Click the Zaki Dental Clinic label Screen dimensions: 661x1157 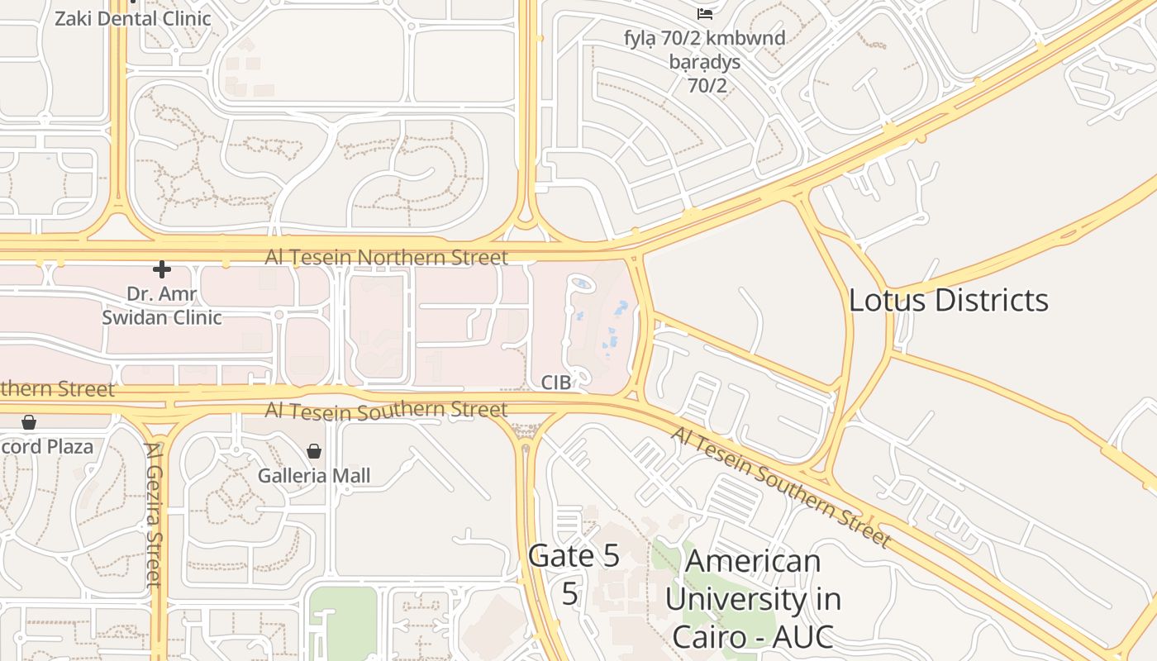tap(132, 18)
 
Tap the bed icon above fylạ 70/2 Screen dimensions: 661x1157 tap(705, 13)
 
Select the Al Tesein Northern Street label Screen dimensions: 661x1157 tap(386, 258)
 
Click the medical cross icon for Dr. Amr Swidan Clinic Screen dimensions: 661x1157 tap(162, 269)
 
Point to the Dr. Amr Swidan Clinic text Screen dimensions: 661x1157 tap(162, 305)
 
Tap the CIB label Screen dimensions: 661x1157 tap(556, 382)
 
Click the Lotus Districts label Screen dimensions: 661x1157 tap(948, 300)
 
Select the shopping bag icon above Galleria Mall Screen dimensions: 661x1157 tap(314, 450)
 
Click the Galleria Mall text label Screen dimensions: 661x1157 tap(314, 476)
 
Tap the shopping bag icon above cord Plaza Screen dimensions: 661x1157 tap(29, 422)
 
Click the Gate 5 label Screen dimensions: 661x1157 tap(574, 555)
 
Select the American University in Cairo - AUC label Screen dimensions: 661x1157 tap(752, 599)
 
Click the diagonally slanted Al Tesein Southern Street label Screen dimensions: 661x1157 tap(781, 487)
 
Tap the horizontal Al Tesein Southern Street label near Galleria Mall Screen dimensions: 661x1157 tap(386, 410)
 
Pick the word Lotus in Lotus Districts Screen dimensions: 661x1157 tap(893, 300)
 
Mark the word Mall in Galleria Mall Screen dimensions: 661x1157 tap(352, 476)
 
